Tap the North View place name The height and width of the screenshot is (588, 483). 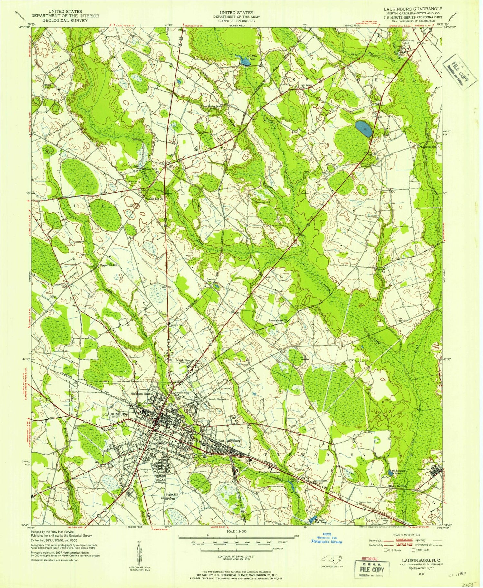(183, 360)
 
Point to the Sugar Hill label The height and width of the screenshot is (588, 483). (172, 494)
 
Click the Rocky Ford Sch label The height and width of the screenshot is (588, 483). (397, 486)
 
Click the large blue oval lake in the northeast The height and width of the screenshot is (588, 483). (364, 129)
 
